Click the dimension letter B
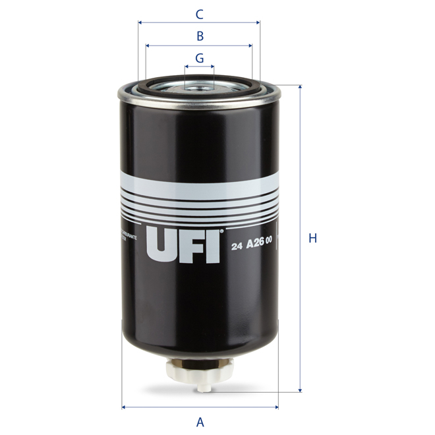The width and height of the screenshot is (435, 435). [x=200, y=36]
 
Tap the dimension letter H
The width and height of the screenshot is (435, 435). [x=313, y=239]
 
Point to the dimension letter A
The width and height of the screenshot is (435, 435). [x=200, y=421]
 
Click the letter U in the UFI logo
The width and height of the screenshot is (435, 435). [x=161, y=245]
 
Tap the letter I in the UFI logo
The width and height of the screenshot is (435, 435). [x=213, y=245]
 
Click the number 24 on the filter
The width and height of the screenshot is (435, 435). [x=238, y=248]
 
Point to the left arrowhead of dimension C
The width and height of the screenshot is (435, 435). [x=140, y=22]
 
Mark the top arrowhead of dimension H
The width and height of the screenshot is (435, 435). [x=301, y=87]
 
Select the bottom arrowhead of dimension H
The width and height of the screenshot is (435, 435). [x=301, y=390]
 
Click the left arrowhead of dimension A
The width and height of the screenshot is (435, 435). [x=125, y=407]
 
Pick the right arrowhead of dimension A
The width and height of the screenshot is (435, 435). [x=276, y=407]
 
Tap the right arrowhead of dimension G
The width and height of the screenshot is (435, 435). [x=212, y=67]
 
